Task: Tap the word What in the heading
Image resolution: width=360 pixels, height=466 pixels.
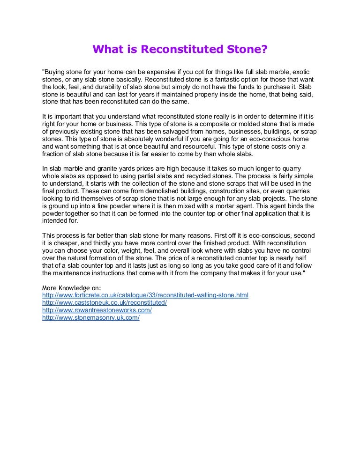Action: pos(108,49)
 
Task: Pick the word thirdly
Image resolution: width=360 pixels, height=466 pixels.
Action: pos(105,244)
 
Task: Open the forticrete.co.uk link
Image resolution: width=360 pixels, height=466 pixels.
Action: pos(145,295)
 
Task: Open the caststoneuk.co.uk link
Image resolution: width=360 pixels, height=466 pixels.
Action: pos(105,303)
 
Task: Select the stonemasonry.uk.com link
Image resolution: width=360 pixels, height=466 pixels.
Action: pos(91,318)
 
